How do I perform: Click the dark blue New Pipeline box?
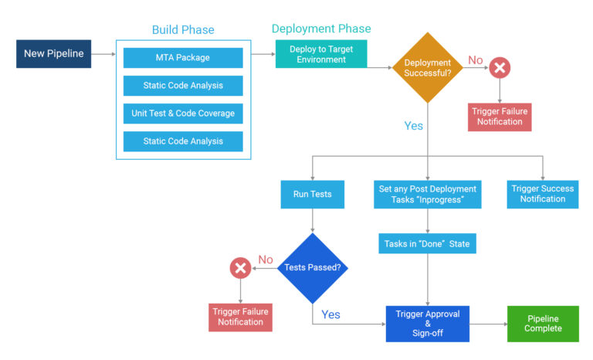[x=53, y=53]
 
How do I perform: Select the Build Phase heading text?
[x=183, y=30]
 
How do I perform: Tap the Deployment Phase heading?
[x=321, y=29]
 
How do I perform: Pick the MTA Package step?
[x=183, y=57]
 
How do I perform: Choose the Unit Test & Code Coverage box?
[x=183, y=113]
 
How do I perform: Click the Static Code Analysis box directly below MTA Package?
[x=183, y=85]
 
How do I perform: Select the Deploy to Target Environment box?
[x=321, y=54]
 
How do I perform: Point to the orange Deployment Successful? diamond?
[x=427, y=67]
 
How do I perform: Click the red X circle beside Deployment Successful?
[x=500, y=68]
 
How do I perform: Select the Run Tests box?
[x=312, y=194]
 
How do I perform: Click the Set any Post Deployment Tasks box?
[x=427, y=194]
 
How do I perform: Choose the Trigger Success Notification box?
[x=542, y=194]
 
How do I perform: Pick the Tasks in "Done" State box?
[x=427, y=244]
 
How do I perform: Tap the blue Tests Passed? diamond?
[x=312, y=268]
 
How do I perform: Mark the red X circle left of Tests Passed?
[x=240, y=268]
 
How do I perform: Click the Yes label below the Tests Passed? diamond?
[x=330, y=314]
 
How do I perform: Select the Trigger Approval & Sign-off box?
[x=427, y=323]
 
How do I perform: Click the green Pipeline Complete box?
[x=542, y=323]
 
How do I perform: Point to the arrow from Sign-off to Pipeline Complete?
[x=487, y=323]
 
